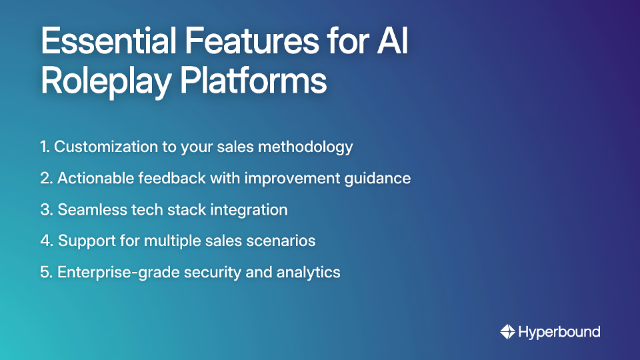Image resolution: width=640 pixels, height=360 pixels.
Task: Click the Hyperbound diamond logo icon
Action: point(508,331)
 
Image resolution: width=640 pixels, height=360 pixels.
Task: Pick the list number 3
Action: point(45,210)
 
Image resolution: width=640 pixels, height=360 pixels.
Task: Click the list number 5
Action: point(45,272)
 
